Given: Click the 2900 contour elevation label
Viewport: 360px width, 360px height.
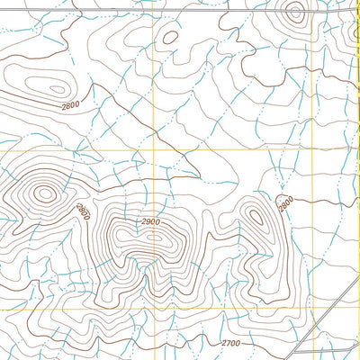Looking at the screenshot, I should tap(149, 221).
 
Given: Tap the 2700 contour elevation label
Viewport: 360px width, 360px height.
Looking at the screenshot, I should tap(230, 343).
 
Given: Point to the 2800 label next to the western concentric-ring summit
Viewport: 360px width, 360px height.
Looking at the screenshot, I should tap(83, 212).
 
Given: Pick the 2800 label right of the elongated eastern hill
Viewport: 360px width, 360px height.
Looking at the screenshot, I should tap(285, 204).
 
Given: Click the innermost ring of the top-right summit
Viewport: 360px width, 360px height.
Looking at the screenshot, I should tap(293, 12).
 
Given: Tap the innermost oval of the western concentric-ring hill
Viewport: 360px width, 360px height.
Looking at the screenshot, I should tap(43, 192).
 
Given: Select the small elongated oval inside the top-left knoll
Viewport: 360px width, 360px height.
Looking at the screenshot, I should tap(56, 89).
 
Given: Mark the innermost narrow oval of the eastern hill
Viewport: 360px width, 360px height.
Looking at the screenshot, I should tap(256, 217).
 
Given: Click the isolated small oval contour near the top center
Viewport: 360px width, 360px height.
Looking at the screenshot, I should tap(168, 36).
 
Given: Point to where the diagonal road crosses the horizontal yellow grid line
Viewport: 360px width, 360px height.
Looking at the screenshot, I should tap(349, 306).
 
